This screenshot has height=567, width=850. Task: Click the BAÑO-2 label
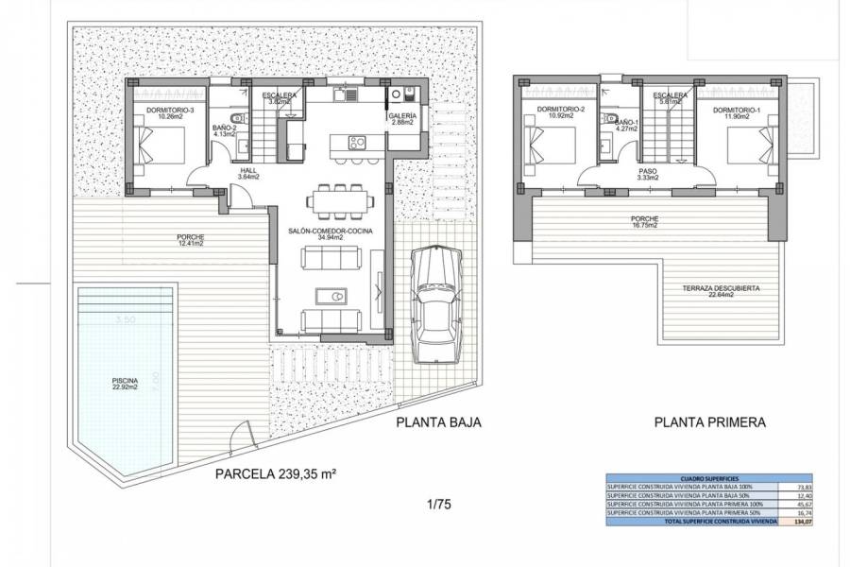click(x=224, y=130)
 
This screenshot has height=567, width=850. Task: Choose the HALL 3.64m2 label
click(x=248, y=174)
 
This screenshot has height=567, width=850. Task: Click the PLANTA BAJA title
click(x=439, y=423)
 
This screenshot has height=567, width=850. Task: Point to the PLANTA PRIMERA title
click(x=709, y=423)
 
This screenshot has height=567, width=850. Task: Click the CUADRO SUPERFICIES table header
click(x=704, y=479)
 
